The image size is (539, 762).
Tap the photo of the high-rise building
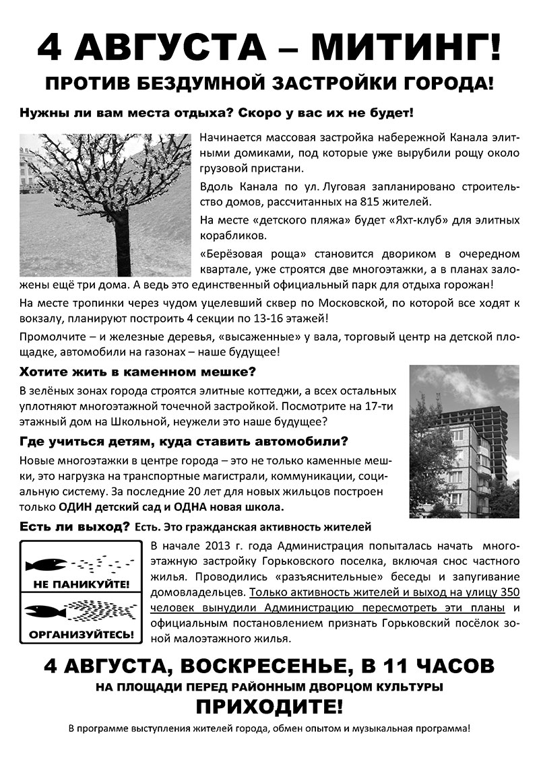(x=464, y=441)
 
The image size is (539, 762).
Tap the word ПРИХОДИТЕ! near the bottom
(x=269, y=707)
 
